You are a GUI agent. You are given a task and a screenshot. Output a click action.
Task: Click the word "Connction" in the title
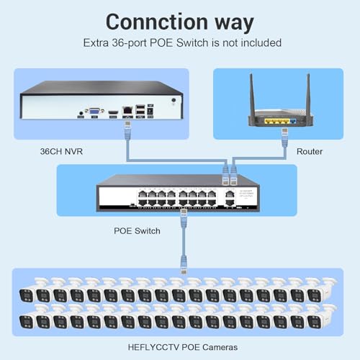point(157,22)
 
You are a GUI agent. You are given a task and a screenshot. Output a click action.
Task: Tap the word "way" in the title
point(234,24)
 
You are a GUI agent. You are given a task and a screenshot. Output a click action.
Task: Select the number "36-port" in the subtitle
point(129,43)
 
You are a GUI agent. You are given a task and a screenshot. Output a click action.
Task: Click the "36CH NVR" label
point(61,151)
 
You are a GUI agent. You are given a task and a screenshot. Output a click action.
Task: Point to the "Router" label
point(310,151)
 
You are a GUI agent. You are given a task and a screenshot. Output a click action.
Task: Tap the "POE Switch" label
point(137,231)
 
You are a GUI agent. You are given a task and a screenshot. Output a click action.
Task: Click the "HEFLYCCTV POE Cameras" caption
point(183,347)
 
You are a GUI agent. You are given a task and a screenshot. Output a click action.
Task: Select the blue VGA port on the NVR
point(95,111)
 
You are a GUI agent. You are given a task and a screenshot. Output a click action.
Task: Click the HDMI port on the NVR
point(113,112)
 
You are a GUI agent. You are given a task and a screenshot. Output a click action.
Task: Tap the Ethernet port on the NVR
point(127,110)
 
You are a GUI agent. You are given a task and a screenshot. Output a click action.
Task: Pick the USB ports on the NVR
point(140,109)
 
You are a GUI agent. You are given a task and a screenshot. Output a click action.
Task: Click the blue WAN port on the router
point(293,121)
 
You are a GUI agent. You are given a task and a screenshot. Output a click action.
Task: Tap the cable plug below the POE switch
point(184,217)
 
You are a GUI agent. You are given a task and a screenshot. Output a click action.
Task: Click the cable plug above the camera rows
point(184,265)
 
